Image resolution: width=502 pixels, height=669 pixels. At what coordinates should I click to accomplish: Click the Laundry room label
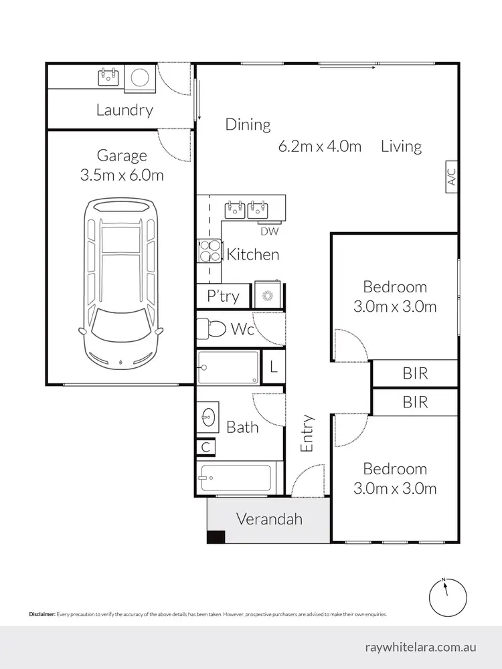coord(124,110)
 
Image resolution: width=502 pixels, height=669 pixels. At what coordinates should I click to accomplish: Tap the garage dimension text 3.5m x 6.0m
coord(122,175)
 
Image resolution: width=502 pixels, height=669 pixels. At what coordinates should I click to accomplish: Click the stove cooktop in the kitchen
coord(208,251)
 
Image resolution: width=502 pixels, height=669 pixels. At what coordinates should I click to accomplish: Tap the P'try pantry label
coord(223,296)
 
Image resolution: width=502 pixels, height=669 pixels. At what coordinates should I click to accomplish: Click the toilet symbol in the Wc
coord(213,329)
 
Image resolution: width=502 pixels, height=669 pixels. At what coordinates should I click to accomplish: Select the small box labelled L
coord(273,367)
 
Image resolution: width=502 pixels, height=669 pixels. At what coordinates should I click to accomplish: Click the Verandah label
coord(269,519)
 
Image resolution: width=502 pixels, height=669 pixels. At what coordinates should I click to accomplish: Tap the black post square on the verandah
coord(216,537)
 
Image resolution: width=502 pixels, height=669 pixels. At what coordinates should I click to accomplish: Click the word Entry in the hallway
coord(307,434)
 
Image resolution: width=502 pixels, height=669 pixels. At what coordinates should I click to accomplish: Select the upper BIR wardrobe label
coord(415,373)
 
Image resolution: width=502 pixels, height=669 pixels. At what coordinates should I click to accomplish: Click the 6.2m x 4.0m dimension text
coord(320,146)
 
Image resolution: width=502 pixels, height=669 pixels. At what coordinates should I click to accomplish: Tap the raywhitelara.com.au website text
coord(422,647)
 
